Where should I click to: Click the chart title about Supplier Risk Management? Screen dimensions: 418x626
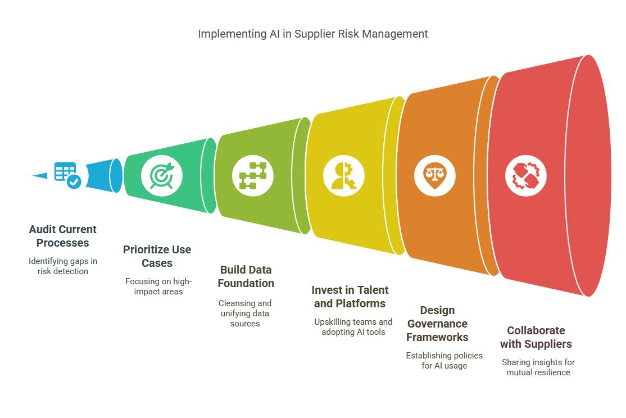[x=312, y=34]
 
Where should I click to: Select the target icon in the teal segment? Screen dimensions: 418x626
[x=162, y=175]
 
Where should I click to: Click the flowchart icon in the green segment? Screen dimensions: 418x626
[x=253, y=175]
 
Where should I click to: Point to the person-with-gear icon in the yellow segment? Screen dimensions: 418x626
[x=343, y=175]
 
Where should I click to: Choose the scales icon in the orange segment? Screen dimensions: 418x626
[x=435, y=175]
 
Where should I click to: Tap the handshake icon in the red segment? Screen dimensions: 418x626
[x=525, y=175]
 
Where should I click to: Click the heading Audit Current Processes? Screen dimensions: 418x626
[x=63, y=236]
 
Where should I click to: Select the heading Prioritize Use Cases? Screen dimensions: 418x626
[x=157, y=256]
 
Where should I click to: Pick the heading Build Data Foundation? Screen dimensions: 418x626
[x=246, y=276]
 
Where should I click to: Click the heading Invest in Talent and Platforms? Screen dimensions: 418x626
[x=350, y=297]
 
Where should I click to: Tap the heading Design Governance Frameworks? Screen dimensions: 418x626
[x=438, y=324]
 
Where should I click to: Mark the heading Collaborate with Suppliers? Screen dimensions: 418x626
[x=536, y=337]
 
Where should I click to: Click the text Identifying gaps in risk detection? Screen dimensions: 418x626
[x=63, y=266]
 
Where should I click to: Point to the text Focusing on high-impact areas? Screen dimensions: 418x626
[x=158, y=287]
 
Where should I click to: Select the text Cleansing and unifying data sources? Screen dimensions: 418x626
[x=245, y=313]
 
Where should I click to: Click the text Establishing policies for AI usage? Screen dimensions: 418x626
[x=444, y=361]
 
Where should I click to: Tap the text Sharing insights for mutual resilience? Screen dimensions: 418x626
[x=538, y=367]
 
